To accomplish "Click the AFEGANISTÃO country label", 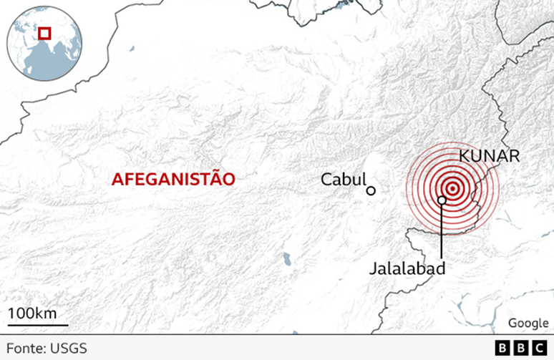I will point(173,179).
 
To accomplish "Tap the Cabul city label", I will point(343,180).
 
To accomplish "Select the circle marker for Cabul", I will point(371,190).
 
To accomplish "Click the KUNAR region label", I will point(489,157).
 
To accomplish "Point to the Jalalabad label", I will point(408,268).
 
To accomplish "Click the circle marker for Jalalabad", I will point(442,200).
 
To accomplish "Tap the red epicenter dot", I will point(451,189).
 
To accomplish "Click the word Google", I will point(523,323).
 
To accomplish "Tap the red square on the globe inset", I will point(44,33).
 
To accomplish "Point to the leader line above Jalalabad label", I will point(442,233).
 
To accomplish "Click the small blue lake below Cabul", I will point(287,256).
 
